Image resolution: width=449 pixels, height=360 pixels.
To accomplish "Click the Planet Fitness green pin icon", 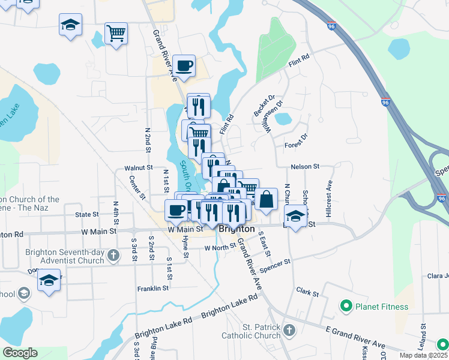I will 346,307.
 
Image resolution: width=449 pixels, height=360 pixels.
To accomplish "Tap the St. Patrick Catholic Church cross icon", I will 289,331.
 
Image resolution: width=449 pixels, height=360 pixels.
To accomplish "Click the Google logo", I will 20,353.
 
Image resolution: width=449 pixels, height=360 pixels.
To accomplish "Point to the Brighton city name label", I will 237,229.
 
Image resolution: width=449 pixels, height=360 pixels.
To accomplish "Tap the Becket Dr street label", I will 264,105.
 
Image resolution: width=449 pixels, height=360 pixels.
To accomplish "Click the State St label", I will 87,214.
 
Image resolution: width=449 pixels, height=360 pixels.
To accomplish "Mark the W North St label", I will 220,247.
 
